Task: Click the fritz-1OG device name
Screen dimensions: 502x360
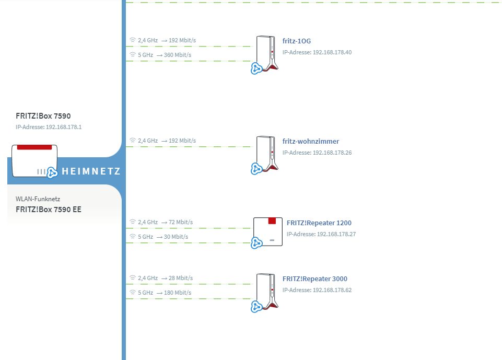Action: point(297,41)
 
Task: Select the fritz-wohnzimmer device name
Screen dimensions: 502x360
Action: point(310,141)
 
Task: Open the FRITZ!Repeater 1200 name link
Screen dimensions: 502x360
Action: point(319,223)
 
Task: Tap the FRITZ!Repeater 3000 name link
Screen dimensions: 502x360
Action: point(314,278)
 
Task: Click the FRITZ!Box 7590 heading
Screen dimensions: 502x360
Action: point(43,116)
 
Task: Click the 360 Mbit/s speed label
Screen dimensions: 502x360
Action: point(178,55)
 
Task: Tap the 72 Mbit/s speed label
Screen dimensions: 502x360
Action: point(181,222)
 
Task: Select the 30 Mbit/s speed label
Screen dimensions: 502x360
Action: point(176,237)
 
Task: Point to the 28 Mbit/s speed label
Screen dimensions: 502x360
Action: point(181,278)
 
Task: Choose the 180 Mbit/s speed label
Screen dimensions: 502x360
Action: point(178,293)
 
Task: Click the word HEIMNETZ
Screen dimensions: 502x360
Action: point(91,171)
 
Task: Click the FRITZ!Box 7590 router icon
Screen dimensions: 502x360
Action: point(34,161)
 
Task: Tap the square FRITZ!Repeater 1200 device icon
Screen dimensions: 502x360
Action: point(268,232)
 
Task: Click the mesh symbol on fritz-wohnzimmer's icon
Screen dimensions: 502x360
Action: point(256,169)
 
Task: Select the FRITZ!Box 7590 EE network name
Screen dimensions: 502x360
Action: point(49,210)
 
